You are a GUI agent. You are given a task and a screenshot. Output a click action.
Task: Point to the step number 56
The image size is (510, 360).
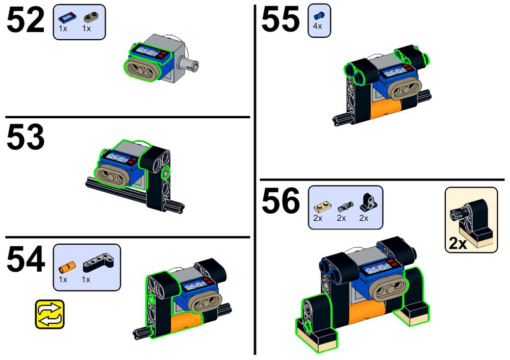tap(280, 202)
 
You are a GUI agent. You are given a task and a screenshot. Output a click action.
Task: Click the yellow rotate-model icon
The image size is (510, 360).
tap(50, 314)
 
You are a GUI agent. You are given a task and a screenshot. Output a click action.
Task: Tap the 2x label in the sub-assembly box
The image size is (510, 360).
tap(458, 243)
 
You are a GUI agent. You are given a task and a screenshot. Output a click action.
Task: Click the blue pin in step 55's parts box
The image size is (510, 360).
tap(318, 15)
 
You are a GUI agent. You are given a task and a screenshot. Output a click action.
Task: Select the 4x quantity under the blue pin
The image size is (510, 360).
tap(317, 27)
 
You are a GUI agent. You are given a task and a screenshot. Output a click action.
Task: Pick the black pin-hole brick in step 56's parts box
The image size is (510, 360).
tap(365, 204)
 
